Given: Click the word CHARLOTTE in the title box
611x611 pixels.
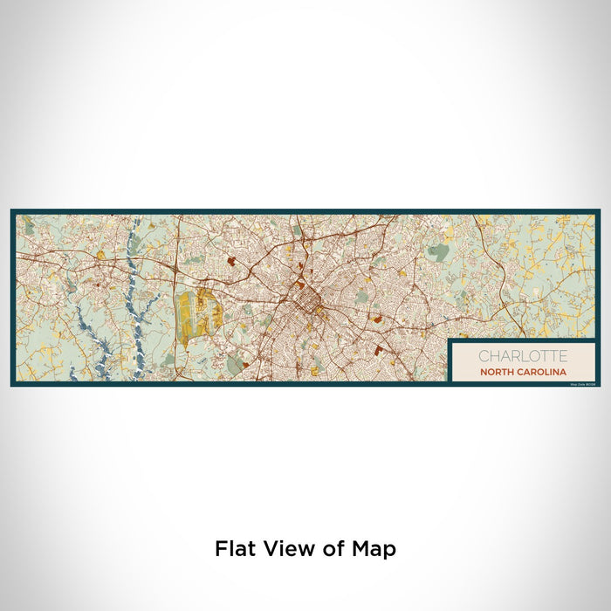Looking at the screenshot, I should coord(522,356).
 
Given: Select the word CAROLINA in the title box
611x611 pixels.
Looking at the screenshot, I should coord(541,372).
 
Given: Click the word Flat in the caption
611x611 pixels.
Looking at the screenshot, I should coord(236,549).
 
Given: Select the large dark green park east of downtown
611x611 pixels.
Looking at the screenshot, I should coord(439,253).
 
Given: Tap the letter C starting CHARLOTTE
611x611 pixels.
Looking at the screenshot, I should coord(482,356).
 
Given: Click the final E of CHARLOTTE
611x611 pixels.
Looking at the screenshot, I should coord(563,356).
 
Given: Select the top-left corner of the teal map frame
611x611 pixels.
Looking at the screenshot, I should coord(12,210).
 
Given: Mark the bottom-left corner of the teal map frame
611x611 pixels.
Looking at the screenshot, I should coord(12,384).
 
